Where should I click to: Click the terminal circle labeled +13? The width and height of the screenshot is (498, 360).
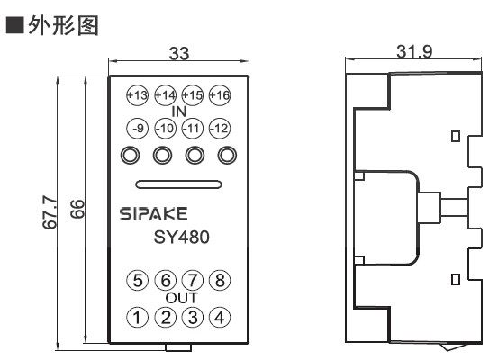coord(137,94)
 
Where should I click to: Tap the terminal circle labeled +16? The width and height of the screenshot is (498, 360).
coord(219,94)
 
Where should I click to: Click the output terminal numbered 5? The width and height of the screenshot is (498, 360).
coord(137,280)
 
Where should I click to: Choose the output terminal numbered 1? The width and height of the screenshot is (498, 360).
coord(137,316)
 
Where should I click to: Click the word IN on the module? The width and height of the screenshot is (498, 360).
coord(177,111)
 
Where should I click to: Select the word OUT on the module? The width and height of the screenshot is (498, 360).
coord(177,298)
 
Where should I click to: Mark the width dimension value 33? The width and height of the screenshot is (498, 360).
coord(179,55)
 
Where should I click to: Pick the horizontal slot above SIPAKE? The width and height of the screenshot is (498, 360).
coord(177,185)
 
